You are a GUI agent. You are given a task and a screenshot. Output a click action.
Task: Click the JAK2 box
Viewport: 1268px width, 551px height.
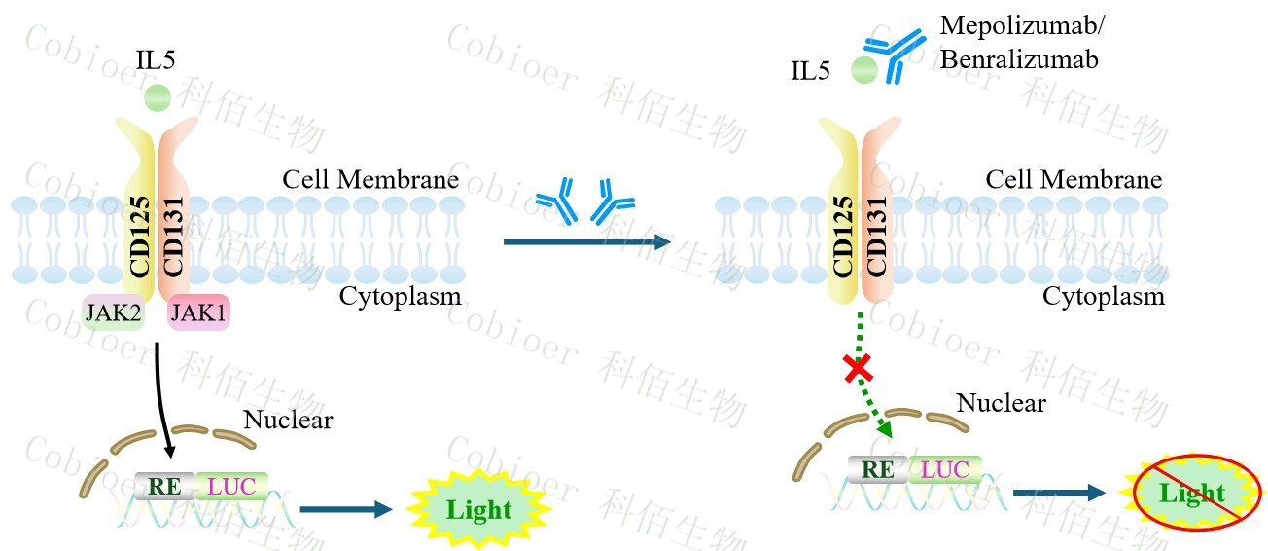[x=114, y=313]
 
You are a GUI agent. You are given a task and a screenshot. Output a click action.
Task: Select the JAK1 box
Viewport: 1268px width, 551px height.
[x=199, y=313]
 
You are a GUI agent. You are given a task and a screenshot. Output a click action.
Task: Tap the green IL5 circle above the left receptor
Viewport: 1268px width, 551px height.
[x=157, y=97]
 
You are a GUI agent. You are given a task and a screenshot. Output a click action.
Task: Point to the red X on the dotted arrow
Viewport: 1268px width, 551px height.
[x=857, y=368]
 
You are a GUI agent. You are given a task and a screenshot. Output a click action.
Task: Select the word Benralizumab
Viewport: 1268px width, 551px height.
[x=1019, y=59]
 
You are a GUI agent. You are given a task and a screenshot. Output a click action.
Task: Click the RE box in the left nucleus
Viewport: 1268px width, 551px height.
[x=164, y=485]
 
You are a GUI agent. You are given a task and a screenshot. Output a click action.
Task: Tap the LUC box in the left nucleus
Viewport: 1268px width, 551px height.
[x=231, y=485]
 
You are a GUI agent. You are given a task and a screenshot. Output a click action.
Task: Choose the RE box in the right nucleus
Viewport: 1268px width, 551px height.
[x=878, y=469]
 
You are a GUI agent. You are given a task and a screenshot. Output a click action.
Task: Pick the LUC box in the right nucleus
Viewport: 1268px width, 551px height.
[x=944, y=469]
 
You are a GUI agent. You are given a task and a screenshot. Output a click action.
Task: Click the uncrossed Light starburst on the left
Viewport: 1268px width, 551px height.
[x=477, y=509]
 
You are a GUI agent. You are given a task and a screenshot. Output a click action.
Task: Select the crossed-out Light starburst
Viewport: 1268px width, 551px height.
[x=1191, y=494]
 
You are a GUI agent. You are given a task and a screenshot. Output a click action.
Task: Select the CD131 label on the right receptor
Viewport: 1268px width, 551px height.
[x=874, y=237]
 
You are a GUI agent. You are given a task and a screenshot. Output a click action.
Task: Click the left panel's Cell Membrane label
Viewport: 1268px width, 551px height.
[x=370, y=180]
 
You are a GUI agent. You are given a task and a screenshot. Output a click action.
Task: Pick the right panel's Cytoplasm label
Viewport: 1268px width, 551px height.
[x=1103, y=296]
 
